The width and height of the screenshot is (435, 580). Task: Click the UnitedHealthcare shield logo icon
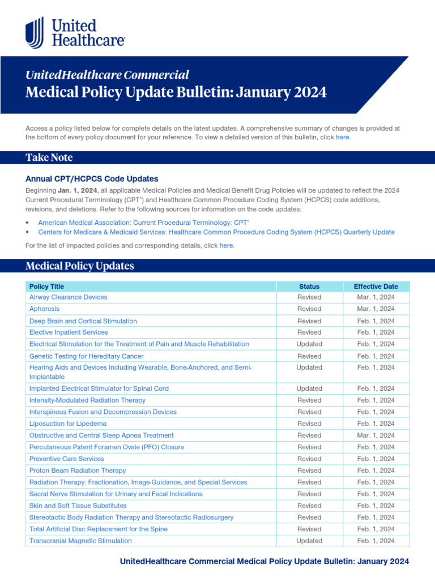(35, 33)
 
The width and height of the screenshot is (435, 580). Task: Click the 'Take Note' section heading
(49, 157)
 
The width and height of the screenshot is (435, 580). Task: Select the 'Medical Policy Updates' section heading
(80, 266)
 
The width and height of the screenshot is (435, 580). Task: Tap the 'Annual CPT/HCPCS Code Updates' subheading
(92, 178)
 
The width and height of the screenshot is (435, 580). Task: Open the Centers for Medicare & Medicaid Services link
(216, 232)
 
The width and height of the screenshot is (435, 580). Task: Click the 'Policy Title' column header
(47, 287)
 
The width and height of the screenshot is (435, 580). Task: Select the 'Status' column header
(309, 287)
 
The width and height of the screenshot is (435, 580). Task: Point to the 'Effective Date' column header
(376, 287)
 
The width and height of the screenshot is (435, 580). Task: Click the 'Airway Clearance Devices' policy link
(68, 297)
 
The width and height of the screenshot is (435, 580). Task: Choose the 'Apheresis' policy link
(44, 309)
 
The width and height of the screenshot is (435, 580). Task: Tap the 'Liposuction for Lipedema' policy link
(68, 424)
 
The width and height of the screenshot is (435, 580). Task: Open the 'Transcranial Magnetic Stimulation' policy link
(80, 541)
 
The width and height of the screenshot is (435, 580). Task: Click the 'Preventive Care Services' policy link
(67, 459)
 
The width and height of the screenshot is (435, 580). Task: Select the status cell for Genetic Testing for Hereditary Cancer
(309, 356)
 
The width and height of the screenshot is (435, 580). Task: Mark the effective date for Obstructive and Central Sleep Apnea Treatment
(376, 436)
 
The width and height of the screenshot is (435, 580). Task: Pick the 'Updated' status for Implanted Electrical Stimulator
(309, 389)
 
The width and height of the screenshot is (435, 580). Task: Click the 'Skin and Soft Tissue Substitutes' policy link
(78, 506)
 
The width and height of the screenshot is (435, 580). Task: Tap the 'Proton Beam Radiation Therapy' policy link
(78, 471)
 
